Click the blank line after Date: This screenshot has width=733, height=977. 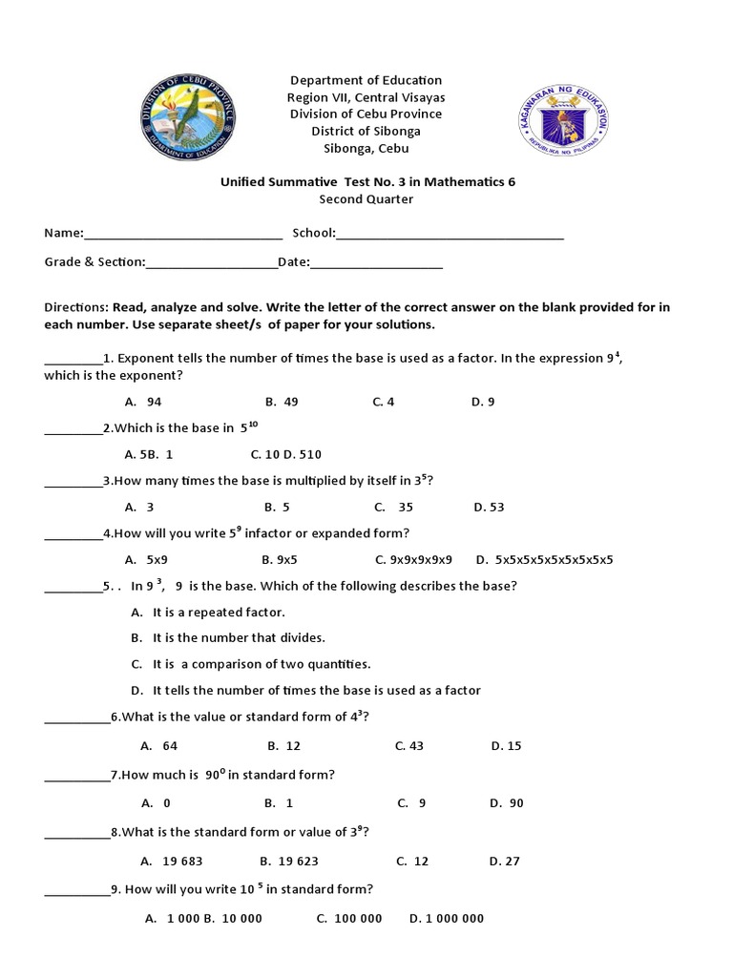click(376, 263)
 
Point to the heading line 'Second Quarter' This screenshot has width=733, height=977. click(366, 199)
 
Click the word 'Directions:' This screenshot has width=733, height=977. click(76, 307)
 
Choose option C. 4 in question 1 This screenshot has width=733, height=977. click(384, 402)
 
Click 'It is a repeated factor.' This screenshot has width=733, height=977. click(219, 613)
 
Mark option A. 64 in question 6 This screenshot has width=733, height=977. click(159, 746)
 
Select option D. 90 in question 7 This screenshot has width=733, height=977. click(507, 803)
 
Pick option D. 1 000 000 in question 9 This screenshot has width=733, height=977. click(447, 919)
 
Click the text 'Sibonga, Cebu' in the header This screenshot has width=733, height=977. click(366, 149)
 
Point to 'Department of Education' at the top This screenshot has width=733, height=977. click(366, 80)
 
